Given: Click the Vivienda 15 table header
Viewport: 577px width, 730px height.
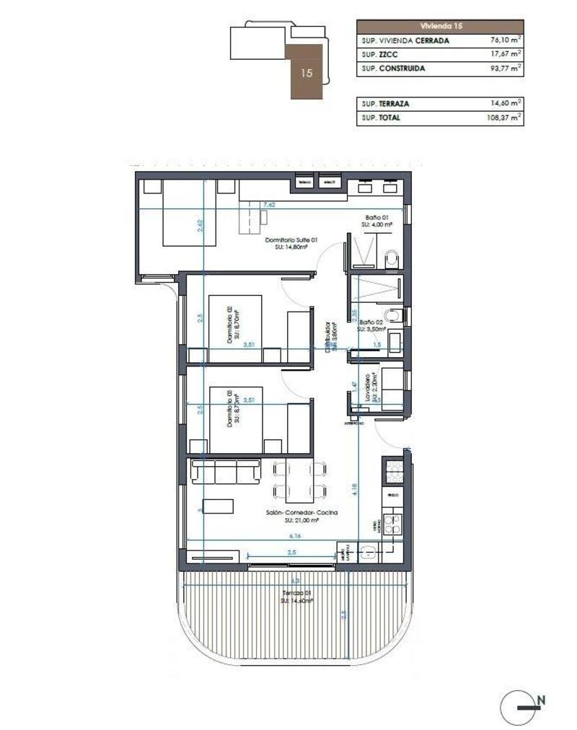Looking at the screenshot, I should point(439,25).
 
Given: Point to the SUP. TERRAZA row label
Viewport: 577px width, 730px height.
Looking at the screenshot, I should point(386,104).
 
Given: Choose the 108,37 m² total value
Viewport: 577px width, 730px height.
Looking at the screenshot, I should point(502,118).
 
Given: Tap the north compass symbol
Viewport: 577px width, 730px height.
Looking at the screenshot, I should point(521,708).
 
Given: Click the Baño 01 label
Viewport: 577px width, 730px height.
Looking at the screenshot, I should point(377,219).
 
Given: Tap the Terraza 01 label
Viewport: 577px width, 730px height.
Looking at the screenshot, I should point(296,596).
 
